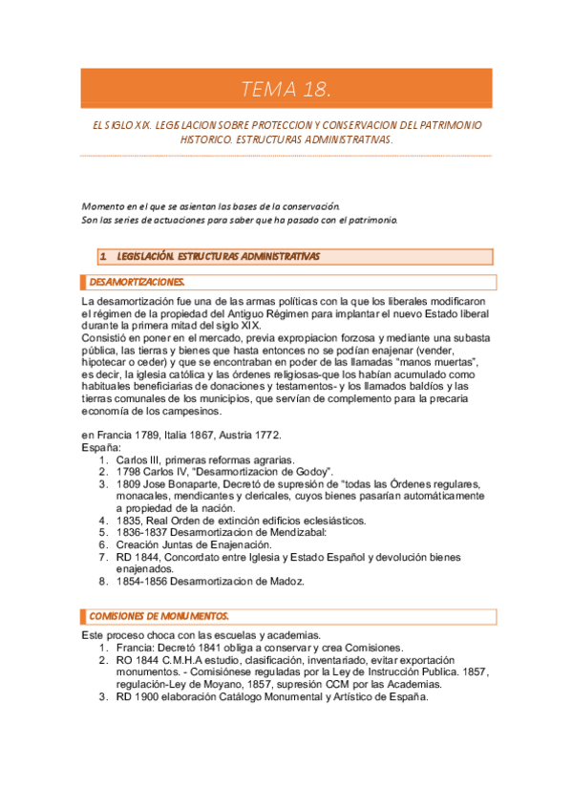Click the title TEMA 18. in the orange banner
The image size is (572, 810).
pos(286,92)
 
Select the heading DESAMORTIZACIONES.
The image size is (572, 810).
pos(137,282)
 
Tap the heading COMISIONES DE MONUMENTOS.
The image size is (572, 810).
pos(159,617)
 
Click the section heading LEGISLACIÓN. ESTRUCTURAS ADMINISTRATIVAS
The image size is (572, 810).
pos(219,256)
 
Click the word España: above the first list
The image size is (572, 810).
pos(101,447)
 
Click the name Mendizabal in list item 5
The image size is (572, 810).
pos(291,532)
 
